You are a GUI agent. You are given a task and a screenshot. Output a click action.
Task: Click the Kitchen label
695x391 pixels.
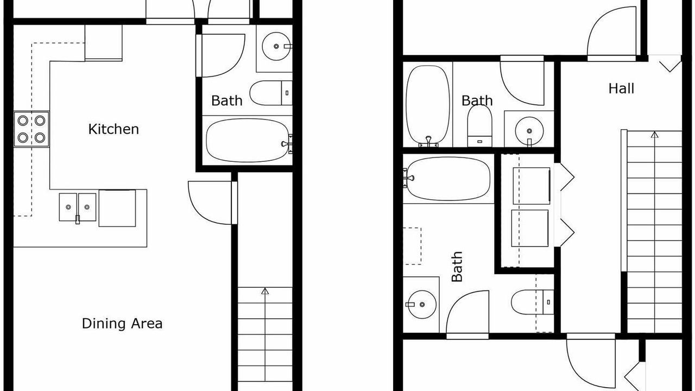(113, 129)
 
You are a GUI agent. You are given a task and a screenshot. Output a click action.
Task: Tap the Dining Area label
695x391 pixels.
(122, 323)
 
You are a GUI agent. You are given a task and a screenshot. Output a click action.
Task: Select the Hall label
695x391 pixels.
(621, 89)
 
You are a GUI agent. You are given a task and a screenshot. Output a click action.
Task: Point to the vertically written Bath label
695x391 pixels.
(457, 267)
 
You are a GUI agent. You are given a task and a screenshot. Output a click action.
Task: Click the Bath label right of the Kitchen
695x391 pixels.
(227, 100)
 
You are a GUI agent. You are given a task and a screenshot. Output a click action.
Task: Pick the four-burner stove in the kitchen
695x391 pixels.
(31, 129)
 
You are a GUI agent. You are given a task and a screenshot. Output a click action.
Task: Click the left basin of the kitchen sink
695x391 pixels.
(68, 207)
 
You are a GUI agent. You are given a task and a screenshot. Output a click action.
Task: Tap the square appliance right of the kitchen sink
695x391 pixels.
(117, 208)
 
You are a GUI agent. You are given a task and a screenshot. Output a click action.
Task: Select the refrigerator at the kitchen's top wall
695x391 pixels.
(103, 43)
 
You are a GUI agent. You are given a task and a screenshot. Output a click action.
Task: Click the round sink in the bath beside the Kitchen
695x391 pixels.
(276, 46)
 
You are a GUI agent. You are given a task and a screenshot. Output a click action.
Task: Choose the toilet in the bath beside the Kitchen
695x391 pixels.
(271, 93)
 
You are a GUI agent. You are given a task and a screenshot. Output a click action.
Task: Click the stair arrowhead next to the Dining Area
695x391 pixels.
(264, 291)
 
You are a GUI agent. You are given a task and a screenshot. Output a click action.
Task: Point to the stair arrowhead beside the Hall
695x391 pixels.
(655, 135)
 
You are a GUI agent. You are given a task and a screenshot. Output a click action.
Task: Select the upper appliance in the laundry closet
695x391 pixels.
(532, 186)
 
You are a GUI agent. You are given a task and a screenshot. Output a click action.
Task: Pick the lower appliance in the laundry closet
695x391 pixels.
(529, 228)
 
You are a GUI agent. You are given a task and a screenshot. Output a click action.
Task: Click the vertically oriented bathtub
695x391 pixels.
(428, 105)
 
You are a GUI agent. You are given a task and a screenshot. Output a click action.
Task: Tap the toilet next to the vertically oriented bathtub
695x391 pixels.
(479, 125)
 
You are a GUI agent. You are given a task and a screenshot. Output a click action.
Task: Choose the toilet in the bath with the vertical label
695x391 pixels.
(533, 302)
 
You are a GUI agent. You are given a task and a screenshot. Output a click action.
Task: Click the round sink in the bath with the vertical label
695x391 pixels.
(422, 305)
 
